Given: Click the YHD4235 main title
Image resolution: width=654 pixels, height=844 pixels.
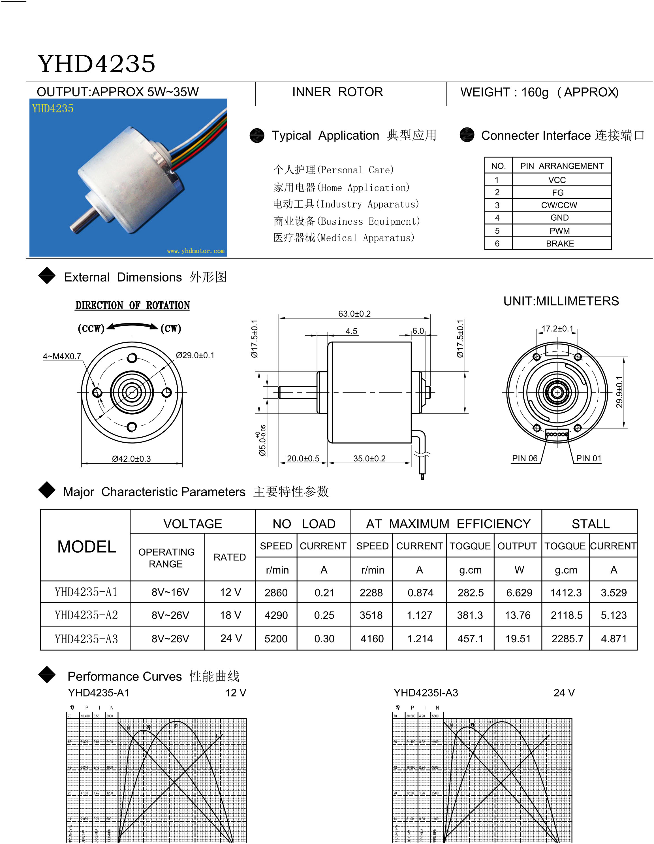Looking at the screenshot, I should click(96, 64).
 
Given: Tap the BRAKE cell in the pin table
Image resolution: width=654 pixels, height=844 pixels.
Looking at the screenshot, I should click(559, 244).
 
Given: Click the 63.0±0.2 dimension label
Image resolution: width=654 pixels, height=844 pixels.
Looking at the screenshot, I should click(354, 314).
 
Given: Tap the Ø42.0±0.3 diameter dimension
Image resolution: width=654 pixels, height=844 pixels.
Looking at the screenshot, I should click(131, 459).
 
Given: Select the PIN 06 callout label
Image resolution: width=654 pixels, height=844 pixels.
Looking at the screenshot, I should click(524, 458).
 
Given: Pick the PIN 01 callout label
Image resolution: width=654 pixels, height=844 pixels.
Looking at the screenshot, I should click(588, 458).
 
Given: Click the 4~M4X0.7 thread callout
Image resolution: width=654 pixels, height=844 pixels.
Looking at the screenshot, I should click(62, 356).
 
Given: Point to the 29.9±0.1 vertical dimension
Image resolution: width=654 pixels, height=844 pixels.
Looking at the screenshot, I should click(619, 392).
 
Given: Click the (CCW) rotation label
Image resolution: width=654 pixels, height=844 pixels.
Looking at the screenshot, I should click(91, 329).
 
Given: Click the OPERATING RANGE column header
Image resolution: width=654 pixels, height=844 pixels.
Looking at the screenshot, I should click(166, 558).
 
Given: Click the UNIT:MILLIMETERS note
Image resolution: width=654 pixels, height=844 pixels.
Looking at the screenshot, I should click(561, 301).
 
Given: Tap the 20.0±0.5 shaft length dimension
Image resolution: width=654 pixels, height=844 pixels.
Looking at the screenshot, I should click(303, 459).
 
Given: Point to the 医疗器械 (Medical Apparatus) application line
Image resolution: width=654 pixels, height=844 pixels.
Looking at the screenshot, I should click(343, 238).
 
